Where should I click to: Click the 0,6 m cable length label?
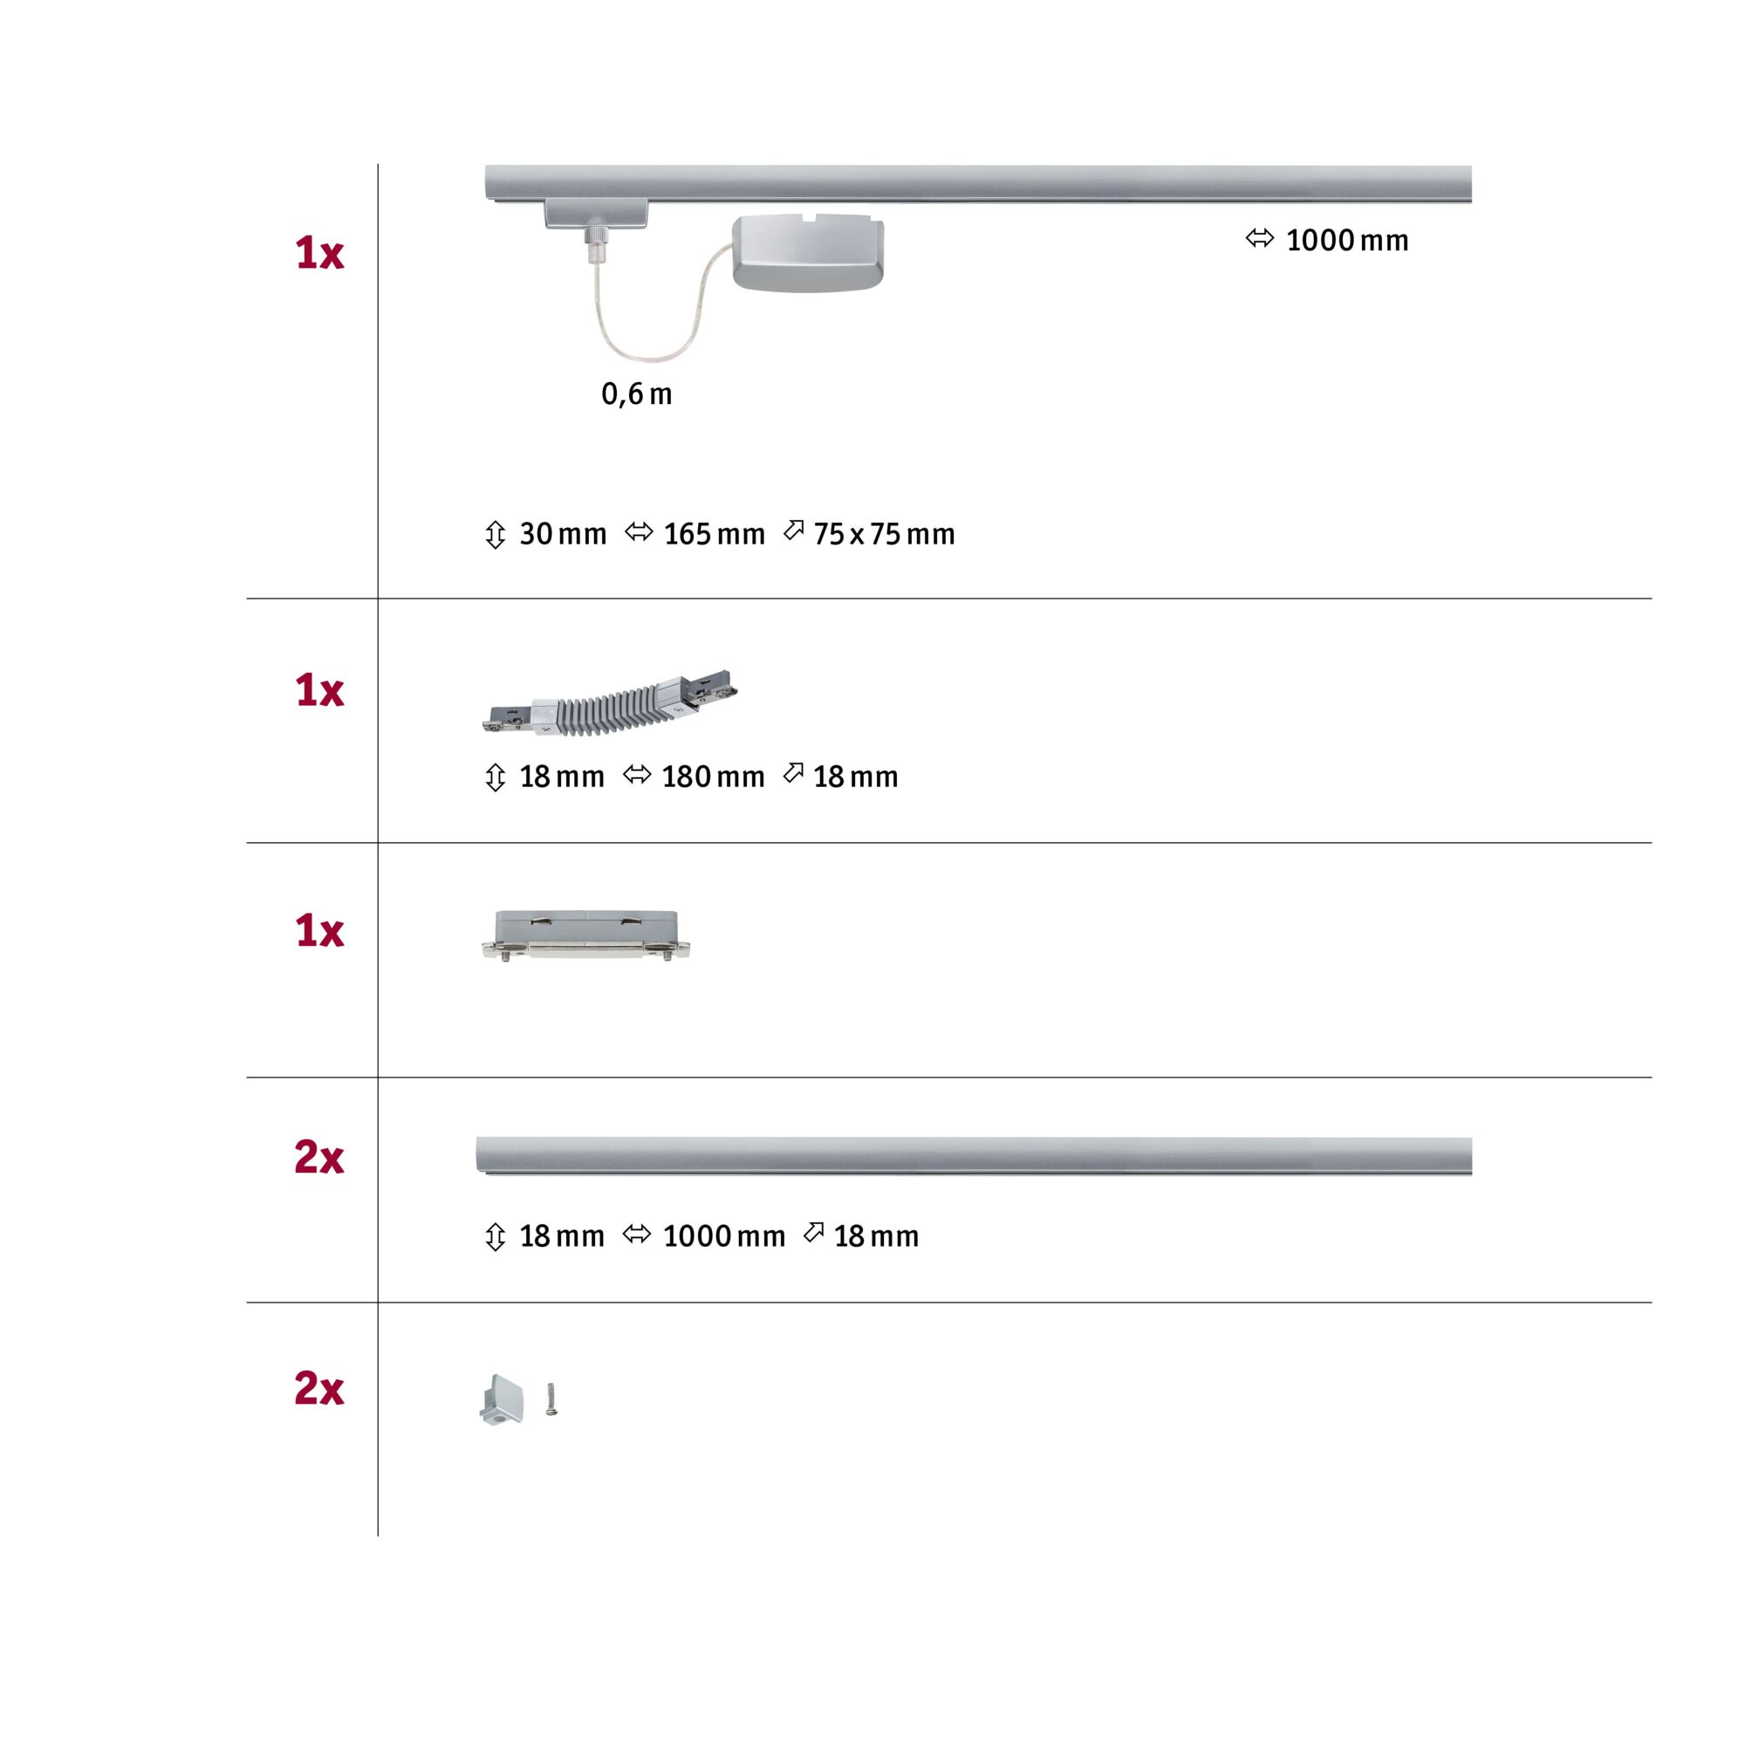(x=637, y=393)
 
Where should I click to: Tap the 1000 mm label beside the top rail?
(x=1345, y=240)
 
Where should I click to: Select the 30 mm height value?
(x=562, y=534)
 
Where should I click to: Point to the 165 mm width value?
(x=714, y=534)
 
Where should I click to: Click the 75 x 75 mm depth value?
(x=883, y=534)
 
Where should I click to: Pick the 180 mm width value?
(x=713, y=777)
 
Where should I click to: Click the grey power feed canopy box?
(x=807, y=254)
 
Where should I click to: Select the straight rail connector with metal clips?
(x=586, y=934)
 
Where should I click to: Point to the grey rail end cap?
(x=502, y=1400)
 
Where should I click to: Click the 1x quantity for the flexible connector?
(x=318, y=691)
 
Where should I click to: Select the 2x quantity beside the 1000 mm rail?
(x=318, y=1157)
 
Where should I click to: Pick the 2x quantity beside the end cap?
(x=318, y=1388)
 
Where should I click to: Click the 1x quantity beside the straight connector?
(x=318, y=931)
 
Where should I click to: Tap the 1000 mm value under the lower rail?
(x=723, y=1236)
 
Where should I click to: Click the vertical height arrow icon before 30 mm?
(x=495, y=535)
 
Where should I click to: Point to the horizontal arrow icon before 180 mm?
(x=637, y=775)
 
